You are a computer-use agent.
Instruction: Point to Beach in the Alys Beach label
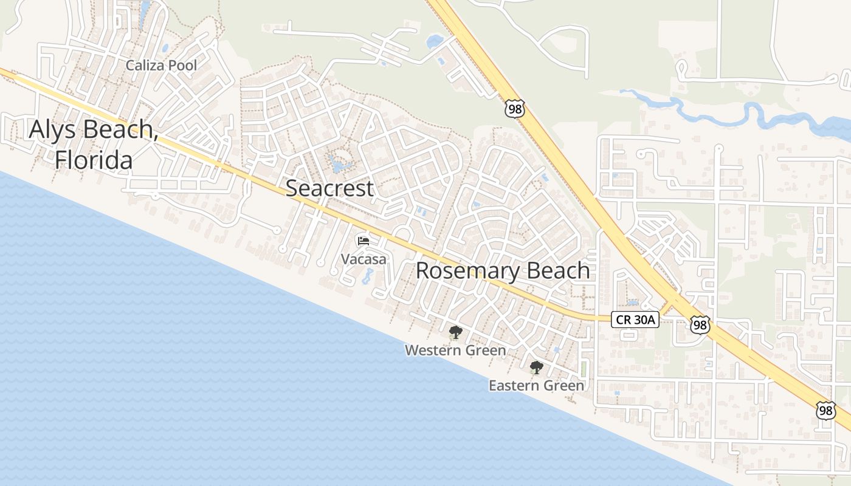click(x=122, y=130)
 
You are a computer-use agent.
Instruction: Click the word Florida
click(x=94, y=160)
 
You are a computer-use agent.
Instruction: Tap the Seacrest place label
click(x=329, y=188)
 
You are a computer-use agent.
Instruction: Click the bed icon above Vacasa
click(x=363, y=241)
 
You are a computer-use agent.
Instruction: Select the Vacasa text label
click(x=363, y=259)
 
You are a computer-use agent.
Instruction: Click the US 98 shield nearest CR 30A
click(x=700, y=324)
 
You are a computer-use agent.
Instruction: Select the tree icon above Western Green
click(x=455, y=332)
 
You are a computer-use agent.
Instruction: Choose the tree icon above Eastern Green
click(x=536, y=367)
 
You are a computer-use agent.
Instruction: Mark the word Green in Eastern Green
click(x=563, y=386)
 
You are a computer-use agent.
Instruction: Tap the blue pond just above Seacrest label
click(x=337, y=164)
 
